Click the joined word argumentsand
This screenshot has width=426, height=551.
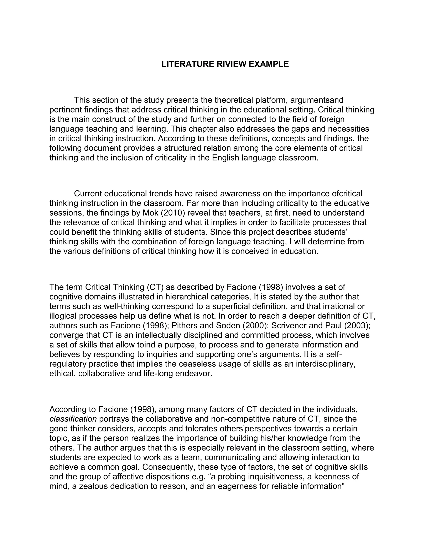317,100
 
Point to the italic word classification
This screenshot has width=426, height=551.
73,419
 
